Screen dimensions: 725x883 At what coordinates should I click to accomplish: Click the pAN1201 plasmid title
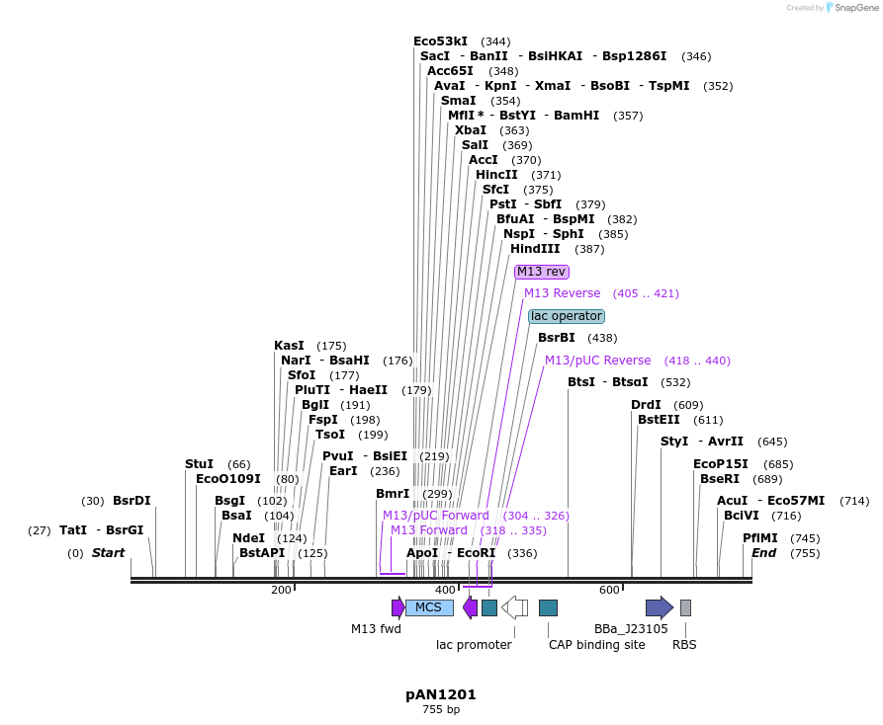click(441, 694)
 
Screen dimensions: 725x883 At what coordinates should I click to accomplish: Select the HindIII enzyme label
click(535, 249)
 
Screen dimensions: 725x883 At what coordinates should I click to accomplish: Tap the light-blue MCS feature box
click(429, 607)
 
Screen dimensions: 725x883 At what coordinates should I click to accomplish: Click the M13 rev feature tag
click(542, 272)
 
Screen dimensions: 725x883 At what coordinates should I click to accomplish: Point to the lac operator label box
click(566, 316)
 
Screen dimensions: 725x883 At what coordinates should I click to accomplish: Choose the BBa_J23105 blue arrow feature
click(659, 607)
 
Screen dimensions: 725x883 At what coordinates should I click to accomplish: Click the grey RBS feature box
click(685, 607)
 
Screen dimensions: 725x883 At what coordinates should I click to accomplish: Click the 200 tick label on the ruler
click(281, 590)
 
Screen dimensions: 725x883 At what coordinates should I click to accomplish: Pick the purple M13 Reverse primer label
click(562, 293)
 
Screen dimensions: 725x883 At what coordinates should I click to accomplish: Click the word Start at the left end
click(108, 553)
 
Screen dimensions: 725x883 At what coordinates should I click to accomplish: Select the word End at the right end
click(762, 553)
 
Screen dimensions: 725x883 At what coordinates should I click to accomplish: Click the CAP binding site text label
click(596, 645)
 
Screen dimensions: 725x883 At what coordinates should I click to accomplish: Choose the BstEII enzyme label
click(659, 419)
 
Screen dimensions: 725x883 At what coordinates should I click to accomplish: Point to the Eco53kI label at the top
click(440, 41)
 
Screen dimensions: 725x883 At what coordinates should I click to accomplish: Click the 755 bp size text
click(441, 709)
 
